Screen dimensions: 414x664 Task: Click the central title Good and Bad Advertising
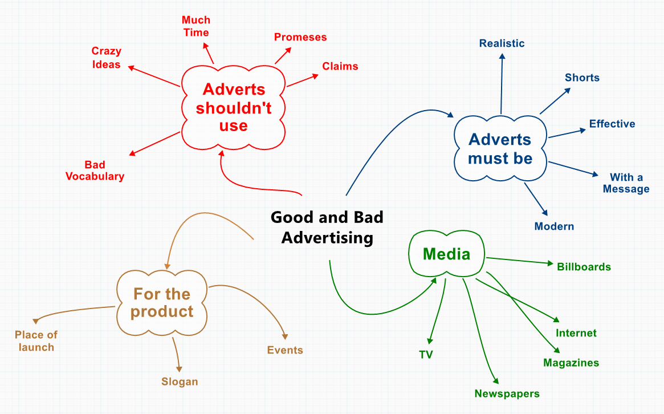coord(327,227)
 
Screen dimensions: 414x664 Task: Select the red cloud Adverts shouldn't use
coord(234,107)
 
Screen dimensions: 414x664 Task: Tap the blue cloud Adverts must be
coord(500,149)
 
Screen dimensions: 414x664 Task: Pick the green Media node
coord(446,254)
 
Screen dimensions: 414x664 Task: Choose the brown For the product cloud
coord(162,303)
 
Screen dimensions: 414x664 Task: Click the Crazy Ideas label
coord(107,58)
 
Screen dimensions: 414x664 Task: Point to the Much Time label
coord(196,26)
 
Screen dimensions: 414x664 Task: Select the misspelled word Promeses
coord(300,37)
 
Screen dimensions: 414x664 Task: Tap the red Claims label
coord(340,66)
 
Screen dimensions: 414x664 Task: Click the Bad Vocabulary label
coord(95,171)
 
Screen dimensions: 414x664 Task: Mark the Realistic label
coord(502,43)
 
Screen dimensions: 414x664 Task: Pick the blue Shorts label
coord(582,78)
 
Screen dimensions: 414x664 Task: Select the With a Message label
coord(626,183)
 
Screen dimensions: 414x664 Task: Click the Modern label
coord(554,226)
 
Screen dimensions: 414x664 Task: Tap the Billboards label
coord(584,267)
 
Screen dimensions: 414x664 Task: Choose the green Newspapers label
coord(507,393)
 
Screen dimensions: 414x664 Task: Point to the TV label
coord(426,355)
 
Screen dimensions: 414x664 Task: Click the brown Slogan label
coord(180,381)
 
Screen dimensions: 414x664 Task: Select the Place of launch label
coord(36,341)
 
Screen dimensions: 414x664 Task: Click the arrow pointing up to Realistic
coord(502,83)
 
